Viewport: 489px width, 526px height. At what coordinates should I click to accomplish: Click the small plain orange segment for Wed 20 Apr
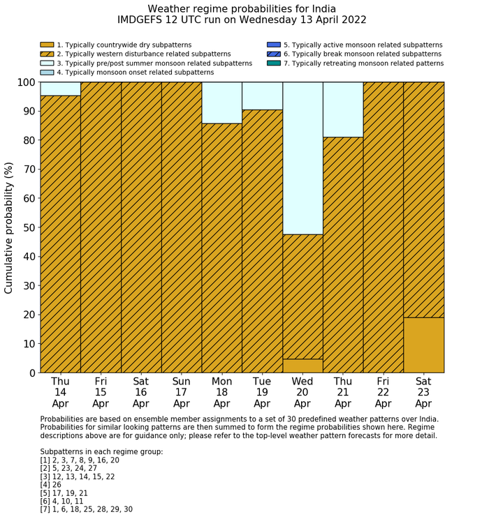(302, 366)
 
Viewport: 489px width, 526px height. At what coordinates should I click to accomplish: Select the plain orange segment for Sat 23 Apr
(423, 345)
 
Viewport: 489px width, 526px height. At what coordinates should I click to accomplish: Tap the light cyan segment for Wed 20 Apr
(302, 158)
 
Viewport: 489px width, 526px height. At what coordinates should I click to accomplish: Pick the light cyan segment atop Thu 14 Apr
(60, 89)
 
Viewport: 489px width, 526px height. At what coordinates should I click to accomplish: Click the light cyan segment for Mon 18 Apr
(221, 103)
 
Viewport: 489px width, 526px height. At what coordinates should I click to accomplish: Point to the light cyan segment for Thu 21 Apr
(343, 110)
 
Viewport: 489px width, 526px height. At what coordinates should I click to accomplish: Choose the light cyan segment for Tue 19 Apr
(262, 96)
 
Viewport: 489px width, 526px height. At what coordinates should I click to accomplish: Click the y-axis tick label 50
(27, 227)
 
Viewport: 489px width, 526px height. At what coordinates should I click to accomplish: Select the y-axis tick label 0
(31, 373)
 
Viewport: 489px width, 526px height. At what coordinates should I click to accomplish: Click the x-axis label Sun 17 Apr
(181, 392)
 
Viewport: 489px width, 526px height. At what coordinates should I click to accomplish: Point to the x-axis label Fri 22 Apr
(383, 392)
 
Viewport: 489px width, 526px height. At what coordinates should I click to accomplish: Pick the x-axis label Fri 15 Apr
(101, 392)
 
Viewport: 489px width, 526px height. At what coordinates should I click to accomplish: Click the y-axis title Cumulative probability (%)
(9, 227)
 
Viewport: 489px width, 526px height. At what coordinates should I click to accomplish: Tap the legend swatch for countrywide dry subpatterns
(47, 45)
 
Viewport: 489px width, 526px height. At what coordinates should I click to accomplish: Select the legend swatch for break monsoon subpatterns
(273, 54)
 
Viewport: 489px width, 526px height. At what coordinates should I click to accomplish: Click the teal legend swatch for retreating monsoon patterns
(273, 63)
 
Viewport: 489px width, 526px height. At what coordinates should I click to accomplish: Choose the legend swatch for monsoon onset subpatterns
(47, 72)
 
